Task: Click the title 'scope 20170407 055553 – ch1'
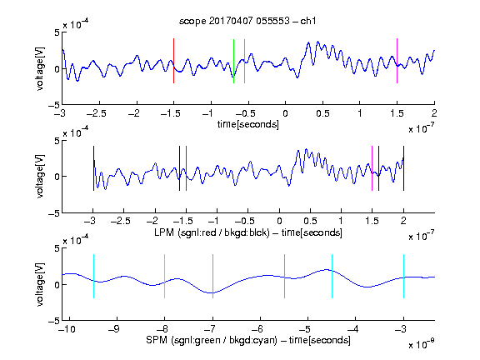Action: [x=247, y=21]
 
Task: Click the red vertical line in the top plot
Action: [x=173, y=61]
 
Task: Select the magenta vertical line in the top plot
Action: [x=397, y=61]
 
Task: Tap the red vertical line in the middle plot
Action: [x=186, y=168]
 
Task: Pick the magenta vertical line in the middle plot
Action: [x=372, y=168]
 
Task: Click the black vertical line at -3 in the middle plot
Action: [x=93, y=168]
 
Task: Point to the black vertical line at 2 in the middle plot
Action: [x=403, y=168]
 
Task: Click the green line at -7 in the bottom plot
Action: [x=212, y=276]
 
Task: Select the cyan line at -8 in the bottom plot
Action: [x=165, y=276]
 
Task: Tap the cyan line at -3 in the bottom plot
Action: [x=403, y=276]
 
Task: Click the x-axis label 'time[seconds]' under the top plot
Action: [x=248, y=124]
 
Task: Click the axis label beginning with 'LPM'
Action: [x=248, y=232]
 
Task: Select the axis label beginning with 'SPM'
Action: [x=248, y=340]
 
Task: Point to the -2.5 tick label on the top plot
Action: [x=96, y=113]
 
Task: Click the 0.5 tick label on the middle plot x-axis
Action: [x=310, y=221]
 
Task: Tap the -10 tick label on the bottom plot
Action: [x=67, y=329]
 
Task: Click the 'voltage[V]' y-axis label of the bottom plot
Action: [x=40, y=284]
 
